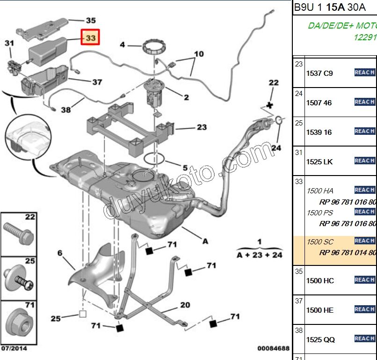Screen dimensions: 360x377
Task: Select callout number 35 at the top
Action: tap(90, 21)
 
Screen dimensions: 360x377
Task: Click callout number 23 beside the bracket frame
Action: tap(201, 127)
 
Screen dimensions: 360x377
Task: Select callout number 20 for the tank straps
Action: tap(185, 305)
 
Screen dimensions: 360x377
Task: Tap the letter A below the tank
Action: tap(204, 242)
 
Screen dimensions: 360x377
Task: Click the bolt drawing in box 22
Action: tap(19, 232)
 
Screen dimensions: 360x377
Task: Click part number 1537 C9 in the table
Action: tap(319, 73)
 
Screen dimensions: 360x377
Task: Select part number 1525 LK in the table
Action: tap(319, 162)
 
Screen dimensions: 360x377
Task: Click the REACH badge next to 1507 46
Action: tap(364, 102)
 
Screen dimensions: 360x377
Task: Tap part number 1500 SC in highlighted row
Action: tap(320, 242)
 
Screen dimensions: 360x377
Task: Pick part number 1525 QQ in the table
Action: tap(320, 339)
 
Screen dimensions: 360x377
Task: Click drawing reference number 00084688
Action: tap(273, 349)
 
